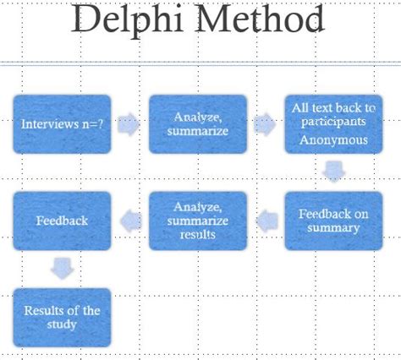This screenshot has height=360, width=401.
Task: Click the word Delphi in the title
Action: [x=128, y=19]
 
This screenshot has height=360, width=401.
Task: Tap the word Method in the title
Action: [x=260, y=19]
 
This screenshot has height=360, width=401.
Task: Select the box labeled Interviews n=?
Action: [x=62, y=124]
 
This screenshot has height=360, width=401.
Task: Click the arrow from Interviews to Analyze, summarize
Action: [x=129, y=124]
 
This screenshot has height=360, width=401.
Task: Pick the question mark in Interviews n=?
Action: [x=100, y=124]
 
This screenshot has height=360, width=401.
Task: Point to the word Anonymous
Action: [x=333, y=140]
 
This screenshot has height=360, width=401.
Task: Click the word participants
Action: [x=333, y=123]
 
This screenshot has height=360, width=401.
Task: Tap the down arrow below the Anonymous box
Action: [x=334, y=172]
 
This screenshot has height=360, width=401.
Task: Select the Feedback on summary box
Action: [x=333, y=221]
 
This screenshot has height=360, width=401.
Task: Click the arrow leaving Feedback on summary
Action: [x=267, y=221]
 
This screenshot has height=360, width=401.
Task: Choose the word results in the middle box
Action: [x=198, y=234]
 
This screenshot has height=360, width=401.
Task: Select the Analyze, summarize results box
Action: [x=198, y=221]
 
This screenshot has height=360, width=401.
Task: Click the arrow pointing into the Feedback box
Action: [x=131, y=221]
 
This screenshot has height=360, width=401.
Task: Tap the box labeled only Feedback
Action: [x=62, y=221]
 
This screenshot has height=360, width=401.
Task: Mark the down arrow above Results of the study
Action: [x=62, y=269]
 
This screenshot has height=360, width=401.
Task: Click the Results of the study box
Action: [x=62, y=318]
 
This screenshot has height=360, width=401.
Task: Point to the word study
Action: [x=62, y=325]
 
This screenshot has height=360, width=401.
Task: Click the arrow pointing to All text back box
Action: [x=265, y=124]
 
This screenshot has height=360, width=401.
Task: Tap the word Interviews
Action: [x=50, y=124]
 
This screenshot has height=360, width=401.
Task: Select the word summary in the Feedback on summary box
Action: [x=333, y=228]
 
